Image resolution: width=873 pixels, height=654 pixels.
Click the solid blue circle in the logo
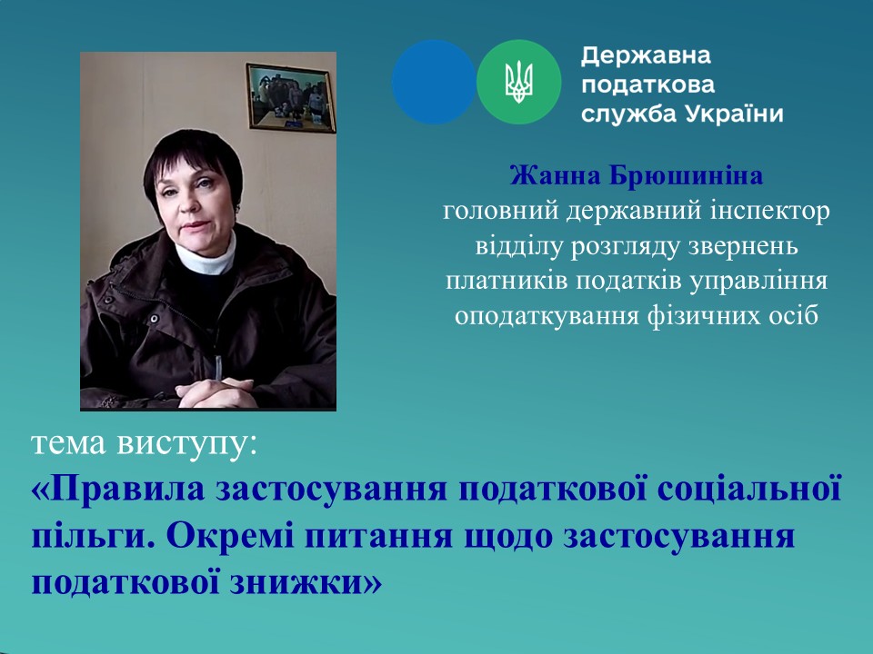pyautogui.click(x=434, y=82)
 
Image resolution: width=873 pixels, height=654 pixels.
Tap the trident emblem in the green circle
pyautogui.click(x=519, y=83)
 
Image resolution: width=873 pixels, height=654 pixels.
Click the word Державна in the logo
pyautogui.click(x=647, y=56)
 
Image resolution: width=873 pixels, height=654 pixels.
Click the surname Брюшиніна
pyautogui.click(x=686, y=177)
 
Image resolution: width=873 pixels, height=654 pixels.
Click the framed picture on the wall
pyautogui.click(x=291, y=98)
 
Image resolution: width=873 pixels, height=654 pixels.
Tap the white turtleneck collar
pyautogui.click(x=206, y=256)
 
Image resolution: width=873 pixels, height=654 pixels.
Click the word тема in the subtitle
pyautogui.click(x=67, y=445)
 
